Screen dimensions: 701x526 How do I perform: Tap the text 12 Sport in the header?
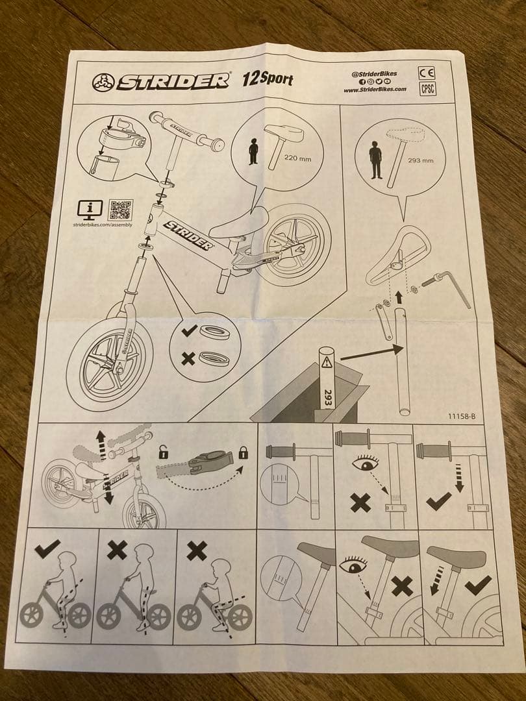point(267,80)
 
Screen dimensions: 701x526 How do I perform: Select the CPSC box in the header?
point(428,89)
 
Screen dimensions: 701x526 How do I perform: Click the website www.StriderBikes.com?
point(375,90)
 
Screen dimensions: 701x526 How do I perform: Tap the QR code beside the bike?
point(121,210)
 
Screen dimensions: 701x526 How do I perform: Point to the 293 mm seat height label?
point(420,160)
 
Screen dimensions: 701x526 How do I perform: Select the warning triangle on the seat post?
point(327,361)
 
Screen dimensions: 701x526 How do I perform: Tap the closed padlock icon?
point(242,452)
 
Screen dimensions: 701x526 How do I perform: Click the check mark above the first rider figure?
point(47,549)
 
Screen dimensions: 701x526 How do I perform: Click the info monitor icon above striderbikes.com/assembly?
point(90,209)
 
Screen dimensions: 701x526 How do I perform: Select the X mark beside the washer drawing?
point(188,358)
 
